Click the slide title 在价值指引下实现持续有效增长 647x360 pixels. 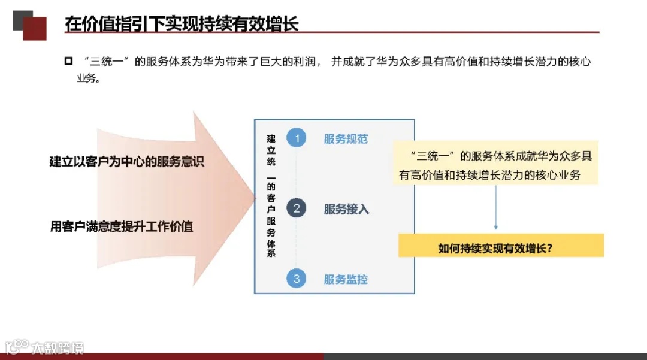[x=182, y=23]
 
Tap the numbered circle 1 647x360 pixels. [x=296, y=138]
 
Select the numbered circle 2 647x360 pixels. [x=296, y=208]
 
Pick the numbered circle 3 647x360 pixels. [x=296, y=279]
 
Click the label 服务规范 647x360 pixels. [x=346, y=139]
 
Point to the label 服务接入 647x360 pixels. [x=346, y=209]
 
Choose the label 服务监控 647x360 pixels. [x=346, y=279]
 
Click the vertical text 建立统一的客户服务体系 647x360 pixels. [x=271, y=195]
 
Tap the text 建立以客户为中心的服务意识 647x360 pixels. [x=126, y=162]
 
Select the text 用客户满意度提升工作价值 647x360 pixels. [x=122, y=227]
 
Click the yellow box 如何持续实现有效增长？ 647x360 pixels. [x=501, y=246]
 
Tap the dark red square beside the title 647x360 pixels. [x=34, y=28]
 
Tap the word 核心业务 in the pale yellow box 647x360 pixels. [x=555, y=175]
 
